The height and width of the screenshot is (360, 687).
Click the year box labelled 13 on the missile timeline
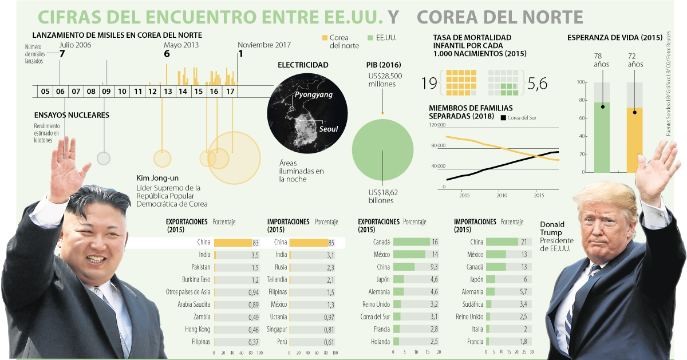[167, 91]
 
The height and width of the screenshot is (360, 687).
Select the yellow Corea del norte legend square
[324, 38]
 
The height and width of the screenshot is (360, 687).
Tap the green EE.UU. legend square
[370, 38]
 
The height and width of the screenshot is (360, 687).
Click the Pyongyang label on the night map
[313, 94]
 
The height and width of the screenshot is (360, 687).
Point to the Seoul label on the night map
[328, 129]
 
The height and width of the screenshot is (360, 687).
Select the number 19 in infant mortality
[429, 84]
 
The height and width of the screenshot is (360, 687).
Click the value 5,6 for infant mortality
[538, 84]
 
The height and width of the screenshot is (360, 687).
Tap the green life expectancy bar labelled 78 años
[601, 137]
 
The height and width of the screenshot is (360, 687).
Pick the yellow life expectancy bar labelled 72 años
[634, 140]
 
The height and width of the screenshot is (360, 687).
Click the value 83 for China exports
[255, 243]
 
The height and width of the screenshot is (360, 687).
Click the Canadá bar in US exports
[411, 242]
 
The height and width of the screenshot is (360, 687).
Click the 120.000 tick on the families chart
[436, 125]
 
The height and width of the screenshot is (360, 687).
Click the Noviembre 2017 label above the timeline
[264, 45]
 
